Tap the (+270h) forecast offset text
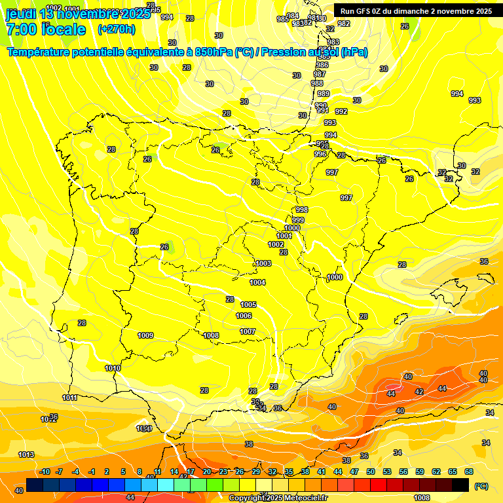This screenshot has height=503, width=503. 117,29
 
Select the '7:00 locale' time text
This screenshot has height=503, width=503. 46,29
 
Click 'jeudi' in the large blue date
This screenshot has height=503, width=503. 20,13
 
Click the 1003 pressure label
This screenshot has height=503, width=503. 263,263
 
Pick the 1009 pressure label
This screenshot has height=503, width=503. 145,335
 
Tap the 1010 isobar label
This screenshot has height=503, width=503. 113,368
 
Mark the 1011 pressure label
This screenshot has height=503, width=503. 70,398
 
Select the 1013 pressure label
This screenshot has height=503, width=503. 26,455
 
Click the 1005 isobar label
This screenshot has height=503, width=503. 248,305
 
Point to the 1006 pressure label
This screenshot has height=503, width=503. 244,316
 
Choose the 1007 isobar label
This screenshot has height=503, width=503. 247,331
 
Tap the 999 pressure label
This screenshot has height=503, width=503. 298,220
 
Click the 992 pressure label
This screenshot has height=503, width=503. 341,111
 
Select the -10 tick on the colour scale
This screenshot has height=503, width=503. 45,472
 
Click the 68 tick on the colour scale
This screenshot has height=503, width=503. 469,472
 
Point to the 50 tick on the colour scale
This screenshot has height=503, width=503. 371,472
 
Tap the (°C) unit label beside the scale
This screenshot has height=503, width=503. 481,486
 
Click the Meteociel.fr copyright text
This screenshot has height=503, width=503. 278,498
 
